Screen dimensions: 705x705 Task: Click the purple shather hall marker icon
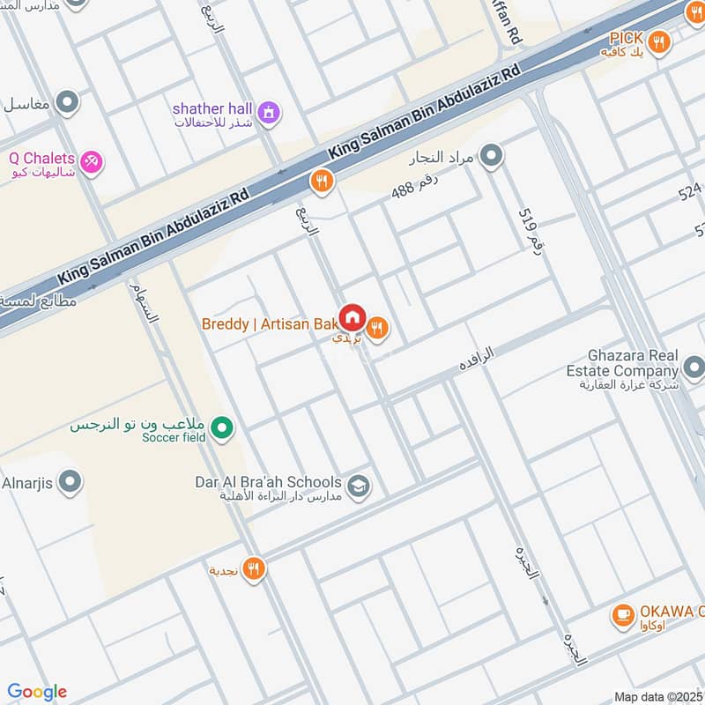point(269,112)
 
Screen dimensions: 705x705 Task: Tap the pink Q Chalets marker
point(91,162)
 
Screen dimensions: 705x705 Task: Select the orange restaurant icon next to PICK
point(657,40)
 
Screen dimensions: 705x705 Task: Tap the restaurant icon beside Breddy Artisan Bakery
point(378,329)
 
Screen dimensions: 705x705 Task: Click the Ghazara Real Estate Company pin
point(694,367)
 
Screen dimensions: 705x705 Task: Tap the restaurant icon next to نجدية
point(254,569)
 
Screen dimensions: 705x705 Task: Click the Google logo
point(37,692)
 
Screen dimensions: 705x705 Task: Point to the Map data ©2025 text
point(657,696)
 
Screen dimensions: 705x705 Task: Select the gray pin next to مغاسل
point(66,104)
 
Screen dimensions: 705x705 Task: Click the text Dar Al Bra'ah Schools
point(268,482)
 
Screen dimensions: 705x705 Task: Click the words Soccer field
point(176,437)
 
